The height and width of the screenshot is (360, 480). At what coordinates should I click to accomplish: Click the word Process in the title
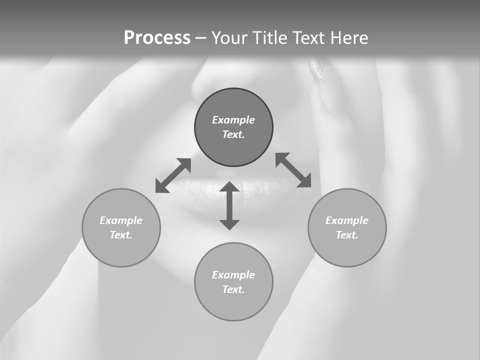click(157, 38)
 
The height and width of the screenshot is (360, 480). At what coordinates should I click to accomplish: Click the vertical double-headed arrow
click(229, 206)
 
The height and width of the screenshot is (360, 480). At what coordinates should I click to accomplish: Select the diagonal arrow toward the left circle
click(173, 175)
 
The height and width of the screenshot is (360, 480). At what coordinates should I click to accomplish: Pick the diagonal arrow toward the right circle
click(293, 170)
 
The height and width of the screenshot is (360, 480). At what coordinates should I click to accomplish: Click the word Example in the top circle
click(233, 120)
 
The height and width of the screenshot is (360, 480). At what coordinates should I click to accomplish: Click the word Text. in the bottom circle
click(233, 289)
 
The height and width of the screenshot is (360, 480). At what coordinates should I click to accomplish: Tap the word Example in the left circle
click(121, 220)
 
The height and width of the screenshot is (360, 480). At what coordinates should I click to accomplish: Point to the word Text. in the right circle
click(347, 235)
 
